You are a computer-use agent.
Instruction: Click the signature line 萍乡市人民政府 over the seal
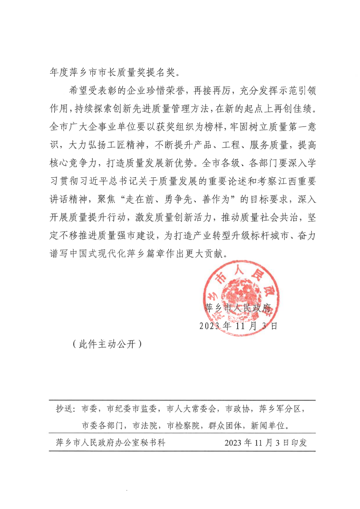tap(238, 308)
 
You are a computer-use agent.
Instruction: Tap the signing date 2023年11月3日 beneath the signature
tap(238, 326)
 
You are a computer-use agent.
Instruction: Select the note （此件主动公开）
tap(107, 344)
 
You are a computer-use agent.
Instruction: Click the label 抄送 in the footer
tap(65, 408)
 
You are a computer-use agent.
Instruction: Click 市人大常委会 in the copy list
tap(191, 408)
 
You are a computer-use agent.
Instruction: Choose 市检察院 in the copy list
tap(183, 425)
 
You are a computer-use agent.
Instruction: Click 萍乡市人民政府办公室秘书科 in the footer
tap(110, 442)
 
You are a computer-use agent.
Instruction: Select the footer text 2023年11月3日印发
tap(265, 442)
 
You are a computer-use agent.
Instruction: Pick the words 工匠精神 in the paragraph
tap(126, 145)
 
